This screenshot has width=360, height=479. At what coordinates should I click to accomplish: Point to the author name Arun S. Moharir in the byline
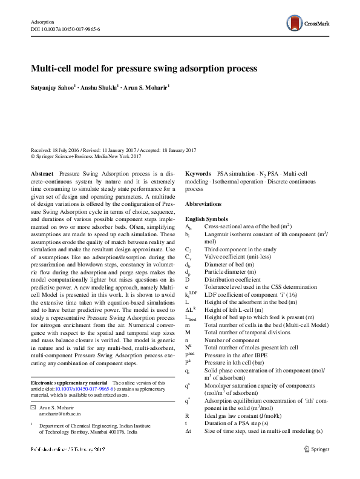(x=146, y=87)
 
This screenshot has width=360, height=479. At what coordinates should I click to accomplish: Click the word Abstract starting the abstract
(x=42, y=173)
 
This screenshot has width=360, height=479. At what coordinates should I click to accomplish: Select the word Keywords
(x=198, y=173)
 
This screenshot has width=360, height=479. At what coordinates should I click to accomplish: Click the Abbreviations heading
(x=203, y=204)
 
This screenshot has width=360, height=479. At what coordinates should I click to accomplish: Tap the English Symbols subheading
(x=207, y=218)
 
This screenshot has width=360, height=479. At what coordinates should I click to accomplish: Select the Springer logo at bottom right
(x=316, y=466)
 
